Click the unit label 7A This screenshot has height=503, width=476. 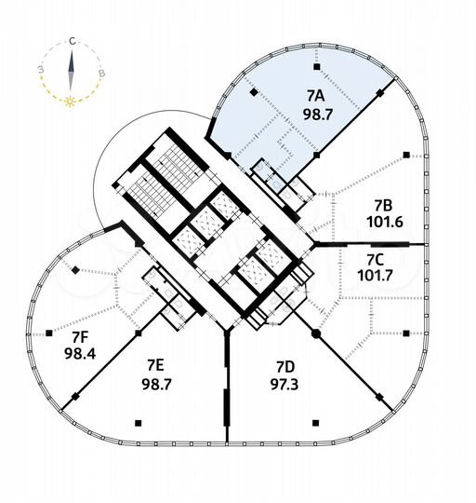pos(316,96)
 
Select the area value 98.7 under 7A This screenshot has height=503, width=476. pos(318,115)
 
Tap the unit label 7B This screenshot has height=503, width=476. pos(383,205)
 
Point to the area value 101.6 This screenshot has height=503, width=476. pos(385,222)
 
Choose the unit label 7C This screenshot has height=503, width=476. pos(375,260)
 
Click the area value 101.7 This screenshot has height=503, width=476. pos(375,276)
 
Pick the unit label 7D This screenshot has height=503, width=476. pos(285,368)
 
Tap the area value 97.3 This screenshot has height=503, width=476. pos(284,385)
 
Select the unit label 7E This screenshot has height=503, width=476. pos(155,365)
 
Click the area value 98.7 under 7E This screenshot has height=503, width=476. pos(157,384)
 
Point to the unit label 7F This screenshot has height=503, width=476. pos(79,337)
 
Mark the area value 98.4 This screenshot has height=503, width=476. pos(80,354)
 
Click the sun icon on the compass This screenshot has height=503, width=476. pos(70,102)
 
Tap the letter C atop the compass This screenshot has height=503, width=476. pos(73,41)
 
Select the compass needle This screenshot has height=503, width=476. pos(71,71)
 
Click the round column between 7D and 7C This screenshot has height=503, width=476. pos(316,334)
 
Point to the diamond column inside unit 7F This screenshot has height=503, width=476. pos(75,270)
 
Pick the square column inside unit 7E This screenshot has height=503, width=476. pos(139,423)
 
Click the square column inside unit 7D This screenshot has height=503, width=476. pos(316,423)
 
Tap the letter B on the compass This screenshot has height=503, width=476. pos(101,74)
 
